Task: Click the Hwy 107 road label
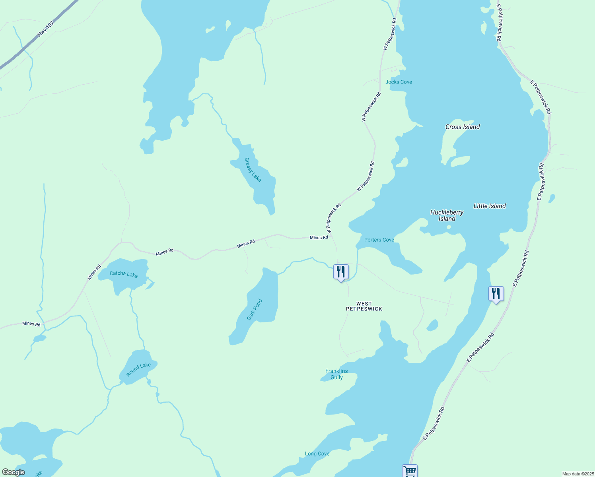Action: tap(45, 29)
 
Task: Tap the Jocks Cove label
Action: tap(399, 82)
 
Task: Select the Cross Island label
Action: tap(463, 127)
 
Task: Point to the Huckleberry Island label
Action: tap(447, 215)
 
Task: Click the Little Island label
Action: tap(490, 206)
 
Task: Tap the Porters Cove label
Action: tap(379, 240)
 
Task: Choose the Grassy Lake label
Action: tap(253, 170)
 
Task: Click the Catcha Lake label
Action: tap(124, 273)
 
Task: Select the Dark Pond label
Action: tap(255, 310)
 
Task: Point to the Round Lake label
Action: tap(138, 370)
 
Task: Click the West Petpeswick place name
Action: tap(364, 306)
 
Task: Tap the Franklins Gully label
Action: tap(336, 374)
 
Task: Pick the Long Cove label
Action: tap(317, 454)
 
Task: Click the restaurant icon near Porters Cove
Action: tap(341, 272)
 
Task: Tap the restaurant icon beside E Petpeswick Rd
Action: tap(496, 294)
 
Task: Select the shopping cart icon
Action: tap(410, 471)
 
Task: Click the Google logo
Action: tap(14, 472)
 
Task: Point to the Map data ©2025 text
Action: tap(577, 474)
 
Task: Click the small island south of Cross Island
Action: tap(461, 161)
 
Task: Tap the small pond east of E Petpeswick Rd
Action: tap(552, 198)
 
